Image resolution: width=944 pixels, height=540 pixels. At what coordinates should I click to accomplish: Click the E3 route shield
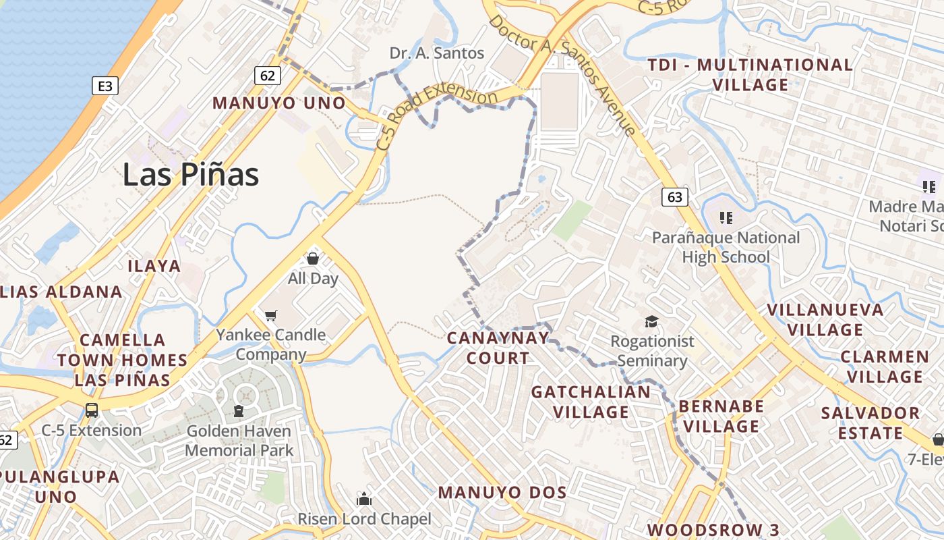coord(105,86)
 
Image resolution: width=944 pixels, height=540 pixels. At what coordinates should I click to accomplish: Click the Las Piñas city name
coord(190,175)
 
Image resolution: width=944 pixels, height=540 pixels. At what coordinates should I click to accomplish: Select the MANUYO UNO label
coord(279,103)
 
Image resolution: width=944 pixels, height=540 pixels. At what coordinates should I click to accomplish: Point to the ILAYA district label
coord(154,266)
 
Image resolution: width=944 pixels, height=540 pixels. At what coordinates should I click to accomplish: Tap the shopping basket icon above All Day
coord(313,258)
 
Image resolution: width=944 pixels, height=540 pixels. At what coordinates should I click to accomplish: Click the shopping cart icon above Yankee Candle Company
coord(271,315)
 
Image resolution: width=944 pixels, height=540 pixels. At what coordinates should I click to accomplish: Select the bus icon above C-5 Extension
coord(91,410)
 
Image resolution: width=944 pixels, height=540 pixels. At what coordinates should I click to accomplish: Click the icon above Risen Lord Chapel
coord(364,499)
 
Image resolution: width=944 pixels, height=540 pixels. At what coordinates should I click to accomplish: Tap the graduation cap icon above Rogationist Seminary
coord(651,321)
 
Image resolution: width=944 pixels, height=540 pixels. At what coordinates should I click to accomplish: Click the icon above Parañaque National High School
coord(726,217)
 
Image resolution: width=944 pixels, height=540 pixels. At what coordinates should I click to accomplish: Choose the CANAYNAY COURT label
coord(498,348)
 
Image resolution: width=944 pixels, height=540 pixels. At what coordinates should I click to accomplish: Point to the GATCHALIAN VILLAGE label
coord(591,402)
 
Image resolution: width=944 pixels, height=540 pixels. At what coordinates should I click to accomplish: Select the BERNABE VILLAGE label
coord(721,416)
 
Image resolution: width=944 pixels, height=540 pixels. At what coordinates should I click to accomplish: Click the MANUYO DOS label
coord(502,492)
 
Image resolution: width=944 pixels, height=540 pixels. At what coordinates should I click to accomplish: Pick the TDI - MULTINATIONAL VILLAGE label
coord(750,75)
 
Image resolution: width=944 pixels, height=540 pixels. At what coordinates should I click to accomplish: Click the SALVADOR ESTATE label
coord(870,423)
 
